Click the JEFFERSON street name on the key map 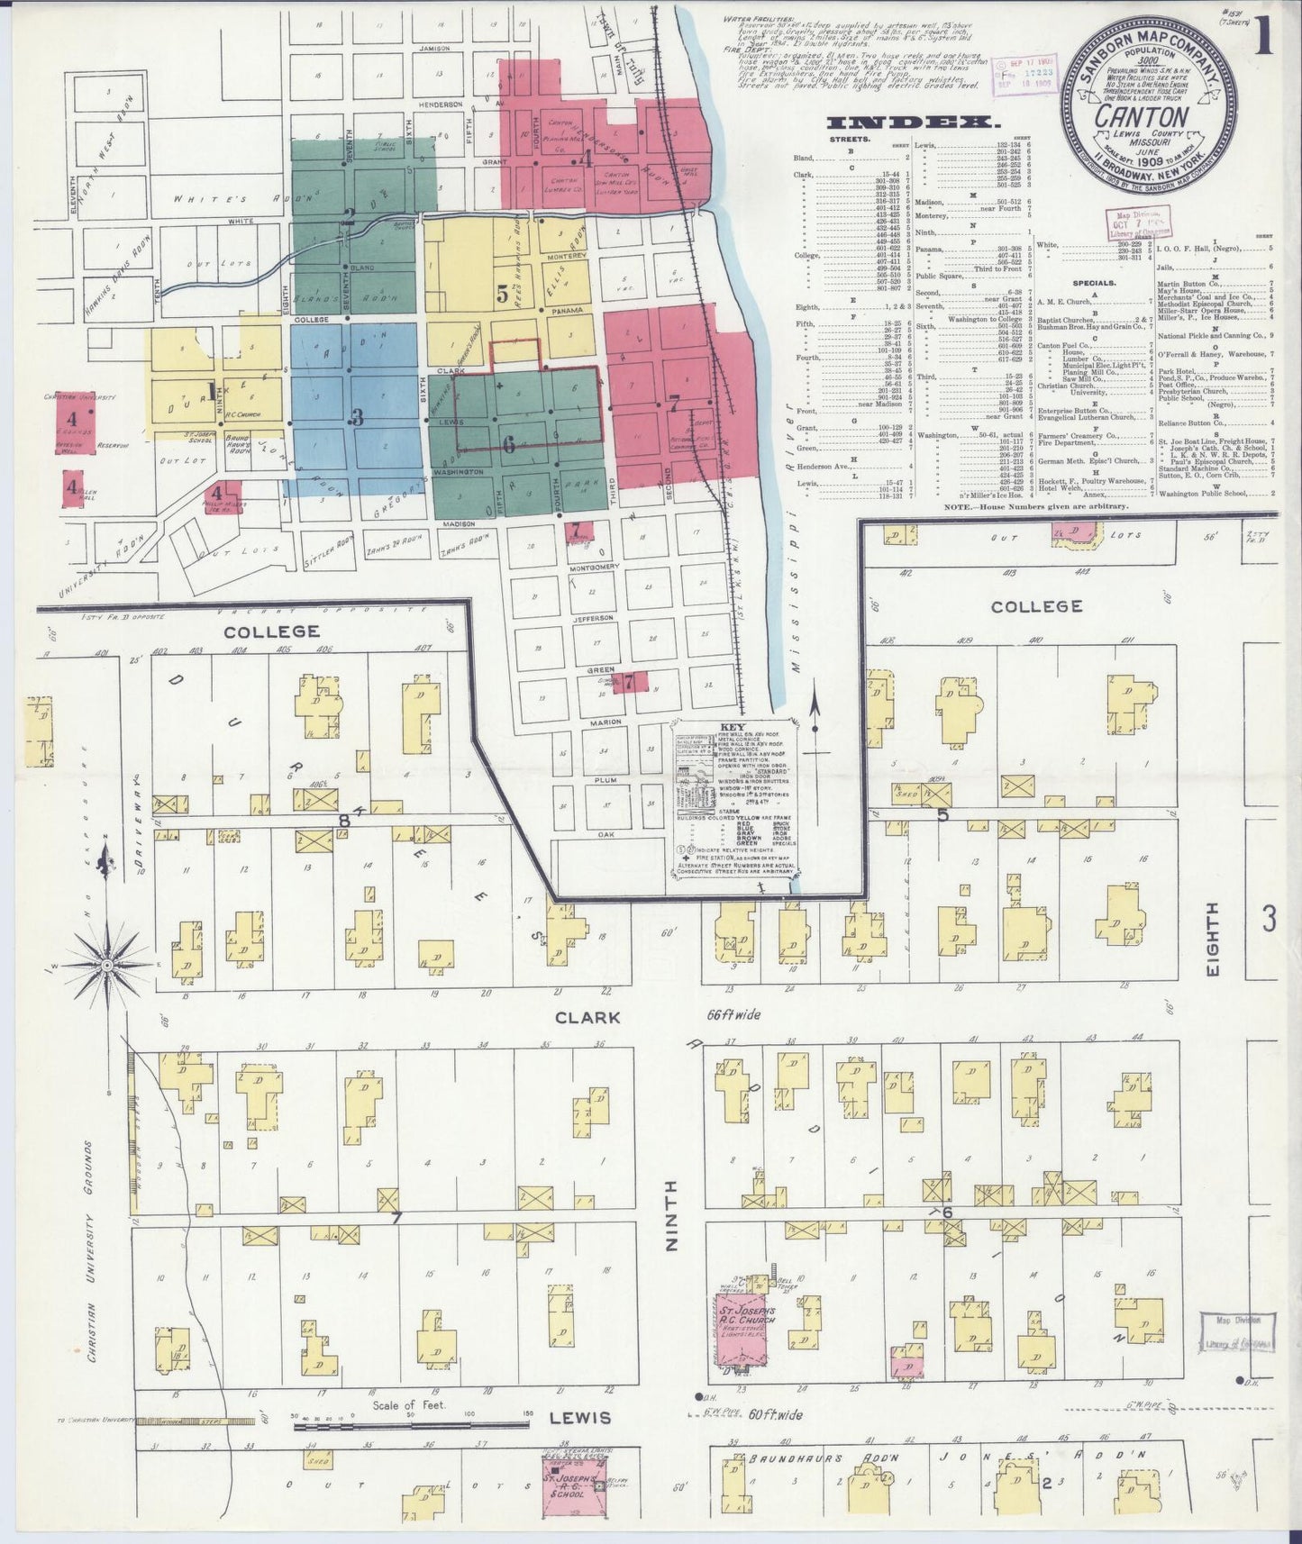[593, 618]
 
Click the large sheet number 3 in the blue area [357, 417]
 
